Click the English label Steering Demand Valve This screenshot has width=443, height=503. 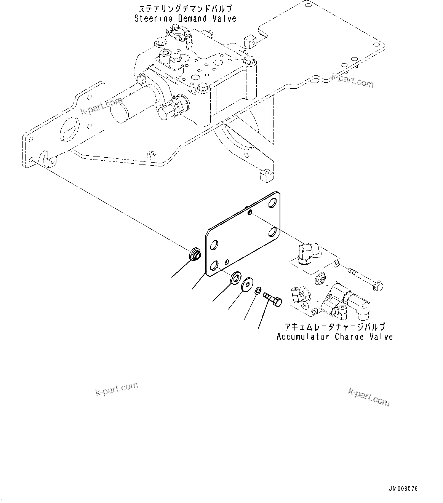pos(185,18)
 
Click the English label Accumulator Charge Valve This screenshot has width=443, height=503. pos(334,337)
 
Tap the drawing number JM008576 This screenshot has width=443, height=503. pos(403,489)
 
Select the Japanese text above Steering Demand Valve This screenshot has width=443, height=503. pos(185,8)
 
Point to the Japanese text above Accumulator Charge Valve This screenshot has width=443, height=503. pos(334,327)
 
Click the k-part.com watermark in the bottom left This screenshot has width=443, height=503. pos(116,389)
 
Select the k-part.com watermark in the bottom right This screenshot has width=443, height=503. pos(369,397)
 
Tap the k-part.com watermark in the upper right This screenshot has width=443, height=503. pos(352,80)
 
